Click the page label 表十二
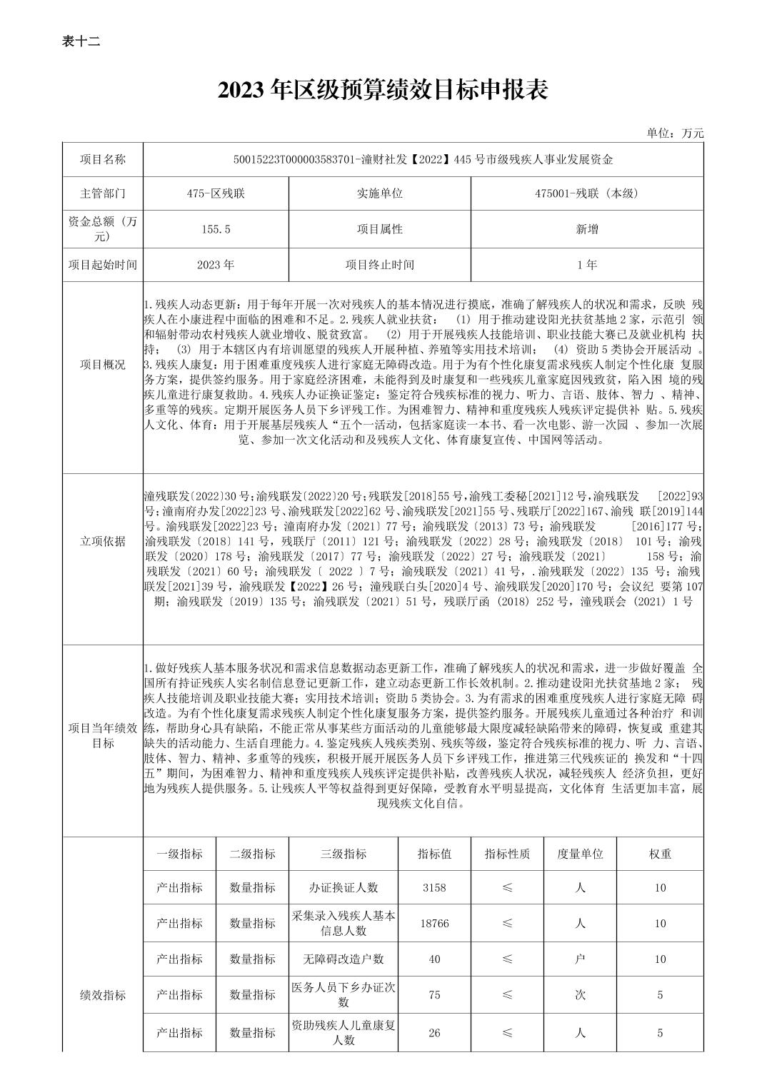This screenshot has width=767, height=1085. [81, 41]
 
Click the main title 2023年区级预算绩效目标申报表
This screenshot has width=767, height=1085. [383, 91]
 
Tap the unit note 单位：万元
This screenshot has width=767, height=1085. [675, 133]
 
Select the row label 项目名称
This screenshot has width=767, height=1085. [103, 159]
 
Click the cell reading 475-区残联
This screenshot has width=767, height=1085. [216, 193]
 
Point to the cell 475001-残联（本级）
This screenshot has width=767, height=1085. [586, 193]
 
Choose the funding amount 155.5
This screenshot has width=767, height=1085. [216, 229]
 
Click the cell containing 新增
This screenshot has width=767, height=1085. [586, 229]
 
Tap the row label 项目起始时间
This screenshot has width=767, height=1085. [103, 265]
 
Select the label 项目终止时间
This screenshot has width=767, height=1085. [379, 265]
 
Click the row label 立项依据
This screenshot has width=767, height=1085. [103, 541]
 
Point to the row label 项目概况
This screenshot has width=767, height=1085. [103, 365]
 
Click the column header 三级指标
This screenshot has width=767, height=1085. [343, 854]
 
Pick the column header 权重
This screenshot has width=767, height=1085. [660, 854]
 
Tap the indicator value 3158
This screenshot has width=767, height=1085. [434, 888]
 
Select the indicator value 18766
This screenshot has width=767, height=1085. [434, 923]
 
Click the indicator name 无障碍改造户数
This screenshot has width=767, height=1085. [343, 959]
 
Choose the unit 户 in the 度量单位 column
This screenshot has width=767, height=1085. [580, 959]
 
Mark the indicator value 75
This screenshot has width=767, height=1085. [434, 994]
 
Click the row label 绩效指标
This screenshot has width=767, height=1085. [103, 995]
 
